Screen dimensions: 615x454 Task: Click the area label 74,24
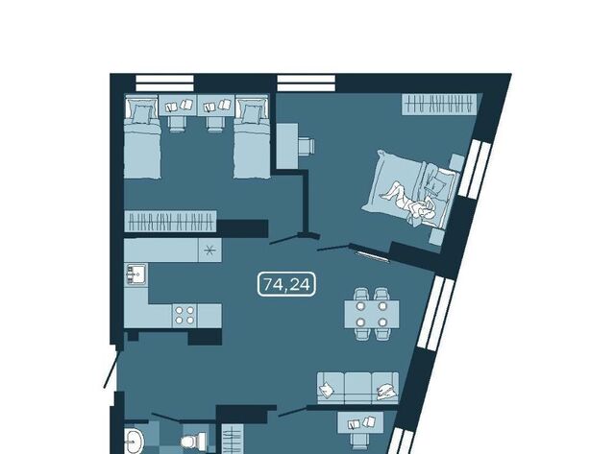point(286,284)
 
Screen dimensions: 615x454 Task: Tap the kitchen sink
point(136,274)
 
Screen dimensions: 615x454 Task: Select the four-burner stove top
point(184,316)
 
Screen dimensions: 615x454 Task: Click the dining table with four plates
point(372,314)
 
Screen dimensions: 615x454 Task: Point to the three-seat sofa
point(357,388)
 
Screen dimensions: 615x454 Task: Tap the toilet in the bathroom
point(194,440)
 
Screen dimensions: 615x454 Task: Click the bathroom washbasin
point(135,442)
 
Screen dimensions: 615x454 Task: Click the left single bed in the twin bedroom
point(142,137)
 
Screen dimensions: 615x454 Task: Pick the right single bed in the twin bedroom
point(252,137)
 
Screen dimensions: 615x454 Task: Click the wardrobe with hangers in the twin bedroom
point(171,222)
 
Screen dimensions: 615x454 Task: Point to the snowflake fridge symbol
point(209,251)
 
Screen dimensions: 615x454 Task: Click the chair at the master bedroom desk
point(307,146)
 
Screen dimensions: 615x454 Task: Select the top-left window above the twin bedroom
point(164,84)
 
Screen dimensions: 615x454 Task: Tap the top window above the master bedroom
point(307,84)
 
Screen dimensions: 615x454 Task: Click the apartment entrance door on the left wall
point(111,366)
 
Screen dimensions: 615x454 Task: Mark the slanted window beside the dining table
point(435,313)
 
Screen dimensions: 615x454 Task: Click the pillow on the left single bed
point(141,113)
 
